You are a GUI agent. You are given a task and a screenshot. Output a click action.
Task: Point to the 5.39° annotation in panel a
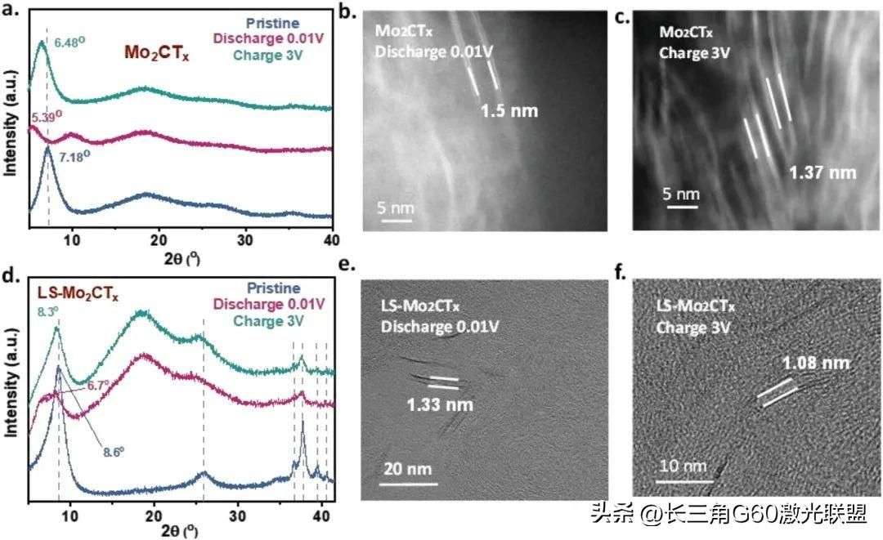point(47,118)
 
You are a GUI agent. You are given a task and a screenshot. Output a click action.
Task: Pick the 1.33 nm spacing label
point(440,404)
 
